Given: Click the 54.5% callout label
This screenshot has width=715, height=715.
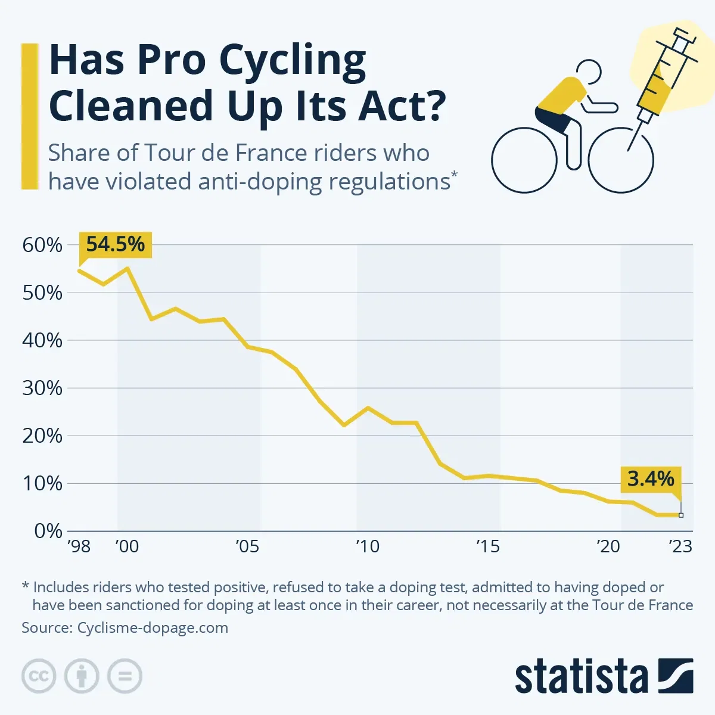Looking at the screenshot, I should point(115,244).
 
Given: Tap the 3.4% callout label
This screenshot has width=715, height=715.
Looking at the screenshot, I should point(651,478).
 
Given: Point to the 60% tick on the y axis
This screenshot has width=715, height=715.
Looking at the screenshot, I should point(42,245).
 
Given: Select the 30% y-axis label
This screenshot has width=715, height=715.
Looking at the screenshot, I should point(42,388).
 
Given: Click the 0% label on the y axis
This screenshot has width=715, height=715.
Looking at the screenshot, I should point(48,531).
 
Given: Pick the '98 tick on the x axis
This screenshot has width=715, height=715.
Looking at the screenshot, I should point(79,546).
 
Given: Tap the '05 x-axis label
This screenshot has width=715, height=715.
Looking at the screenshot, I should point(247,546).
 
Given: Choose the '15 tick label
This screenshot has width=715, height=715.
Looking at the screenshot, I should point(487,546).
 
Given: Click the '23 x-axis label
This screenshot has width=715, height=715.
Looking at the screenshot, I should point(680,546).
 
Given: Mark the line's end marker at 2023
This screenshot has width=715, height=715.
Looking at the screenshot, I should point(681,515).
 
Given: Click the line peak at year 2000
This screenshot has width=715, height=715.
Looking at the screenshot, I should point(128,268).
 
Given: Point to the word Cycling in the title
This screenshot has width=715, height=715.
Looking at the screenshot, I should point(292,61).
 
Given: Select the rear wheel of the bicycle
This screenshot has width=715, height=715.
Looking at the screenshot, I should point(524,160).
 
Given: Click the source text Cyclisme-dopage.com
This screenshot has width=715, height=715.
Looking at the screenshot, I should point(153,627).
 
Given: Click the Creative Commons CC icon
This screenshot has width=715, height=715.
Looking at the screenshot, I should point(39,676).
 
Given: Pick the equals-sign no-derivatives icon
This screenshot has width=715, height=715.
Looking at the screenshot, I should point(125,676).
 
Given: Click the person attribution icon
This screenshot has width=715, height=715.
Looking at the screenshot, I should point(82,676).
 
